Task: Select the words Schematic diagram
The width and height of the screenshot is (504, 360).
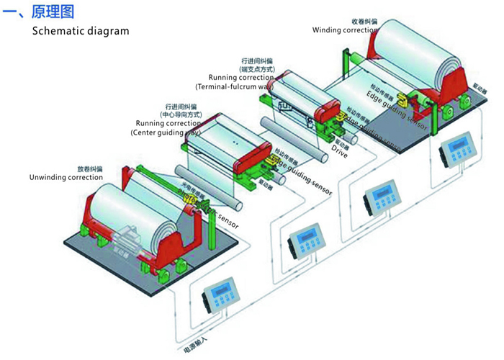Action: (81, 31)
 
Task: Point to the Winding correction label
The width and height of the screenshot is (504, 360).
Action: (345, 30)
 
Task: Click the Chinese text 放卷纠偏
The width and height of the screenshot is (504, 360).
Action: (90, 169)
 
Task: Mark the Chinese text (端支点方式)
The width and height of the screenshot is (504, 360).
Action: (258, 68)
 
